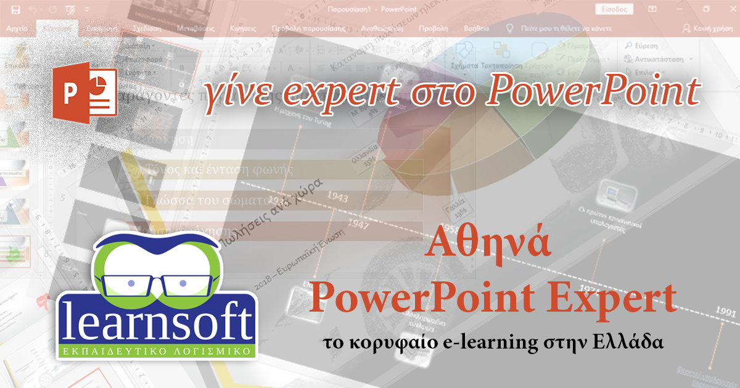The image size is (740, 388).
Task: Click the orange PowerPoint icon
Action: pyautogui.click(x=84, y=92)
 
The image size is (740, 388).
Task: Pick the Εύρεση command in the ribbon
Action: pyautogui.click(x=645, y=46)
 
